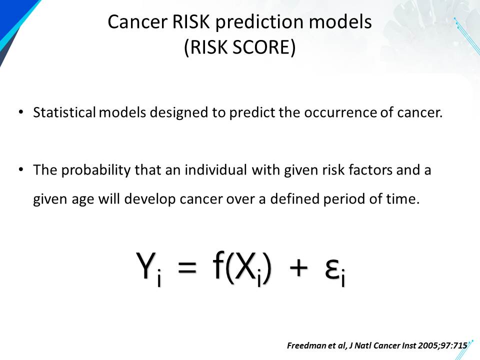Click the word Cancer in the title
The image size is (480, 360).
click(x=137, y=21)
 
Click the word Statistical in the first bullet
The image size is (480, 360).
click(x=64, y=112)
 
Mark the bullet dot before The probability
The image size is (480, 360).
click(x=21, y=169)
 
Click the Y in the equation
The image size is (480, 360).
click(x=144, y=265)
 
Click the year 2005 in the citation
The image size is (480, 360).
click(x=427, y=345)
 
